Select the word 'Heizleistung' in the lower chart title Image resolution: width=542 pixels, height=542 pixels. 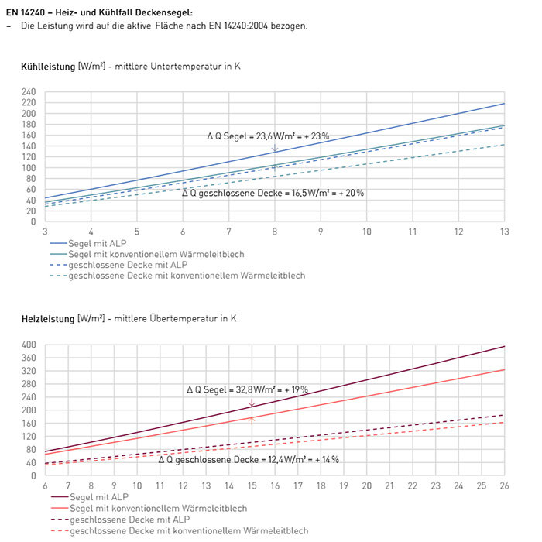(48, 319)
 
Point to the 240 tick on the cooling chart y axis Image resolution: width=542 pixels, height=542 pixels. (29, 92)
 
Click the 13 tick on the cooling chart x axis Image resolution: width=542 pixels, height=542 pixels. (503, 232)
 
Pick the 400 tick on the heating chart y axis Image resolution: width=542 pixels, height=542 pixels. (29, 345)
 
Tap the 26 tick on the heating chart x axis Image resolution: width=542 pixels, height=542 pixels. (503, 485)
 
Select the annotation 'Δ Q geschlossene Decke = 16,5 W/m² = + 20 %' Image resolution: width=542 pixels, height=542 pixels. (273, 193)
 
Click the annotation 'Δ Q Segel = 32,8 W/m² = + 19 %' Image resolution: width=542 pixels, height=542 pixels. (247, 389)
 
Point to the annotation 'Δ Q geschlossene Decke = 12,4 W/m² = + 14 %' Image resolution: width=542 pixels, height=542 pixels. (248, 459)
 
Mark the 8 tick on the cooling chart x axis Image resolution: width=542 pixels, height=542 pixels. (274, 232)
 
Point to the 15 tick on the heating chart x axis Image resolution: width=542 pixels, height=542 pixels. (252, 485)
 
